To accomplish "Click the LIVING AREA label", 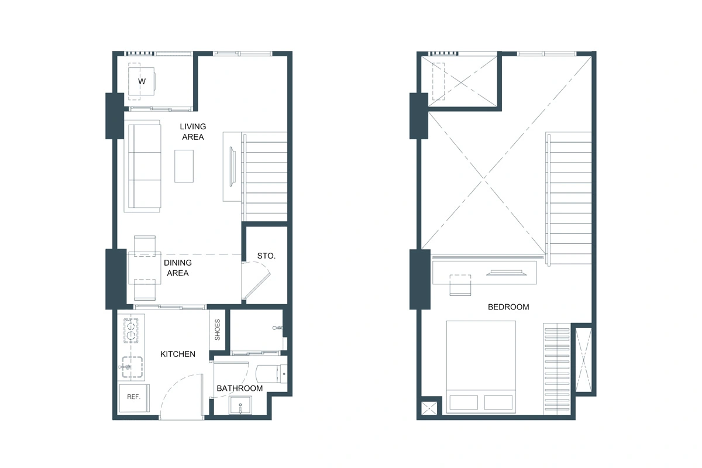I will pyautogui.click(x=192, y=132).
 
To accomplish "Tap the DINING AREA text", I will pyautogui.click(x=178, y=268).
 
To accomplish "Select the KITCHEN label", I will pyautogui.click(x=178, y=354).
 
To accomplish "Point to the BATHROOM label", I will pyautogui.click(x=239, y=388).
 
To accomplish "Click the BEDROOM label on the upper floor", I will pyautogui.click(x=508, y=307).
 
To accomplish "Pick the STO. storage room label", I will pyautogui.click(x=266, y=256).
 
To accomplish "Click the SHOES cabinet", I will pyautogui.click(x=217, y=329).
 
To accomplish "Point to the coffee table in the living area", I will pyautogui.click(x=184, y=166).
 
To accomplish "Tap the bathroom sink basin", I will pyautogui.click(x=240, y=404).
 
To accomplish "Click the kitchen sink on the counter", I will pyautogui.click(x=131, y=367).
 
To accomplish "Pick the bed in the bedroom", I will pyautogui.click(x=481, y=366).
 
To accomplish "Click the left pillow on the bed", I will pyautogui.click(x=464, y=402).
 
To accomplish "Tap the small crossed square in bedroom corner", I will pyautogui.click(x=430, y=406).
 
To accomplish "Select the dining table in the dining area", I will pyautogui.click(x=145, y=268).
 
